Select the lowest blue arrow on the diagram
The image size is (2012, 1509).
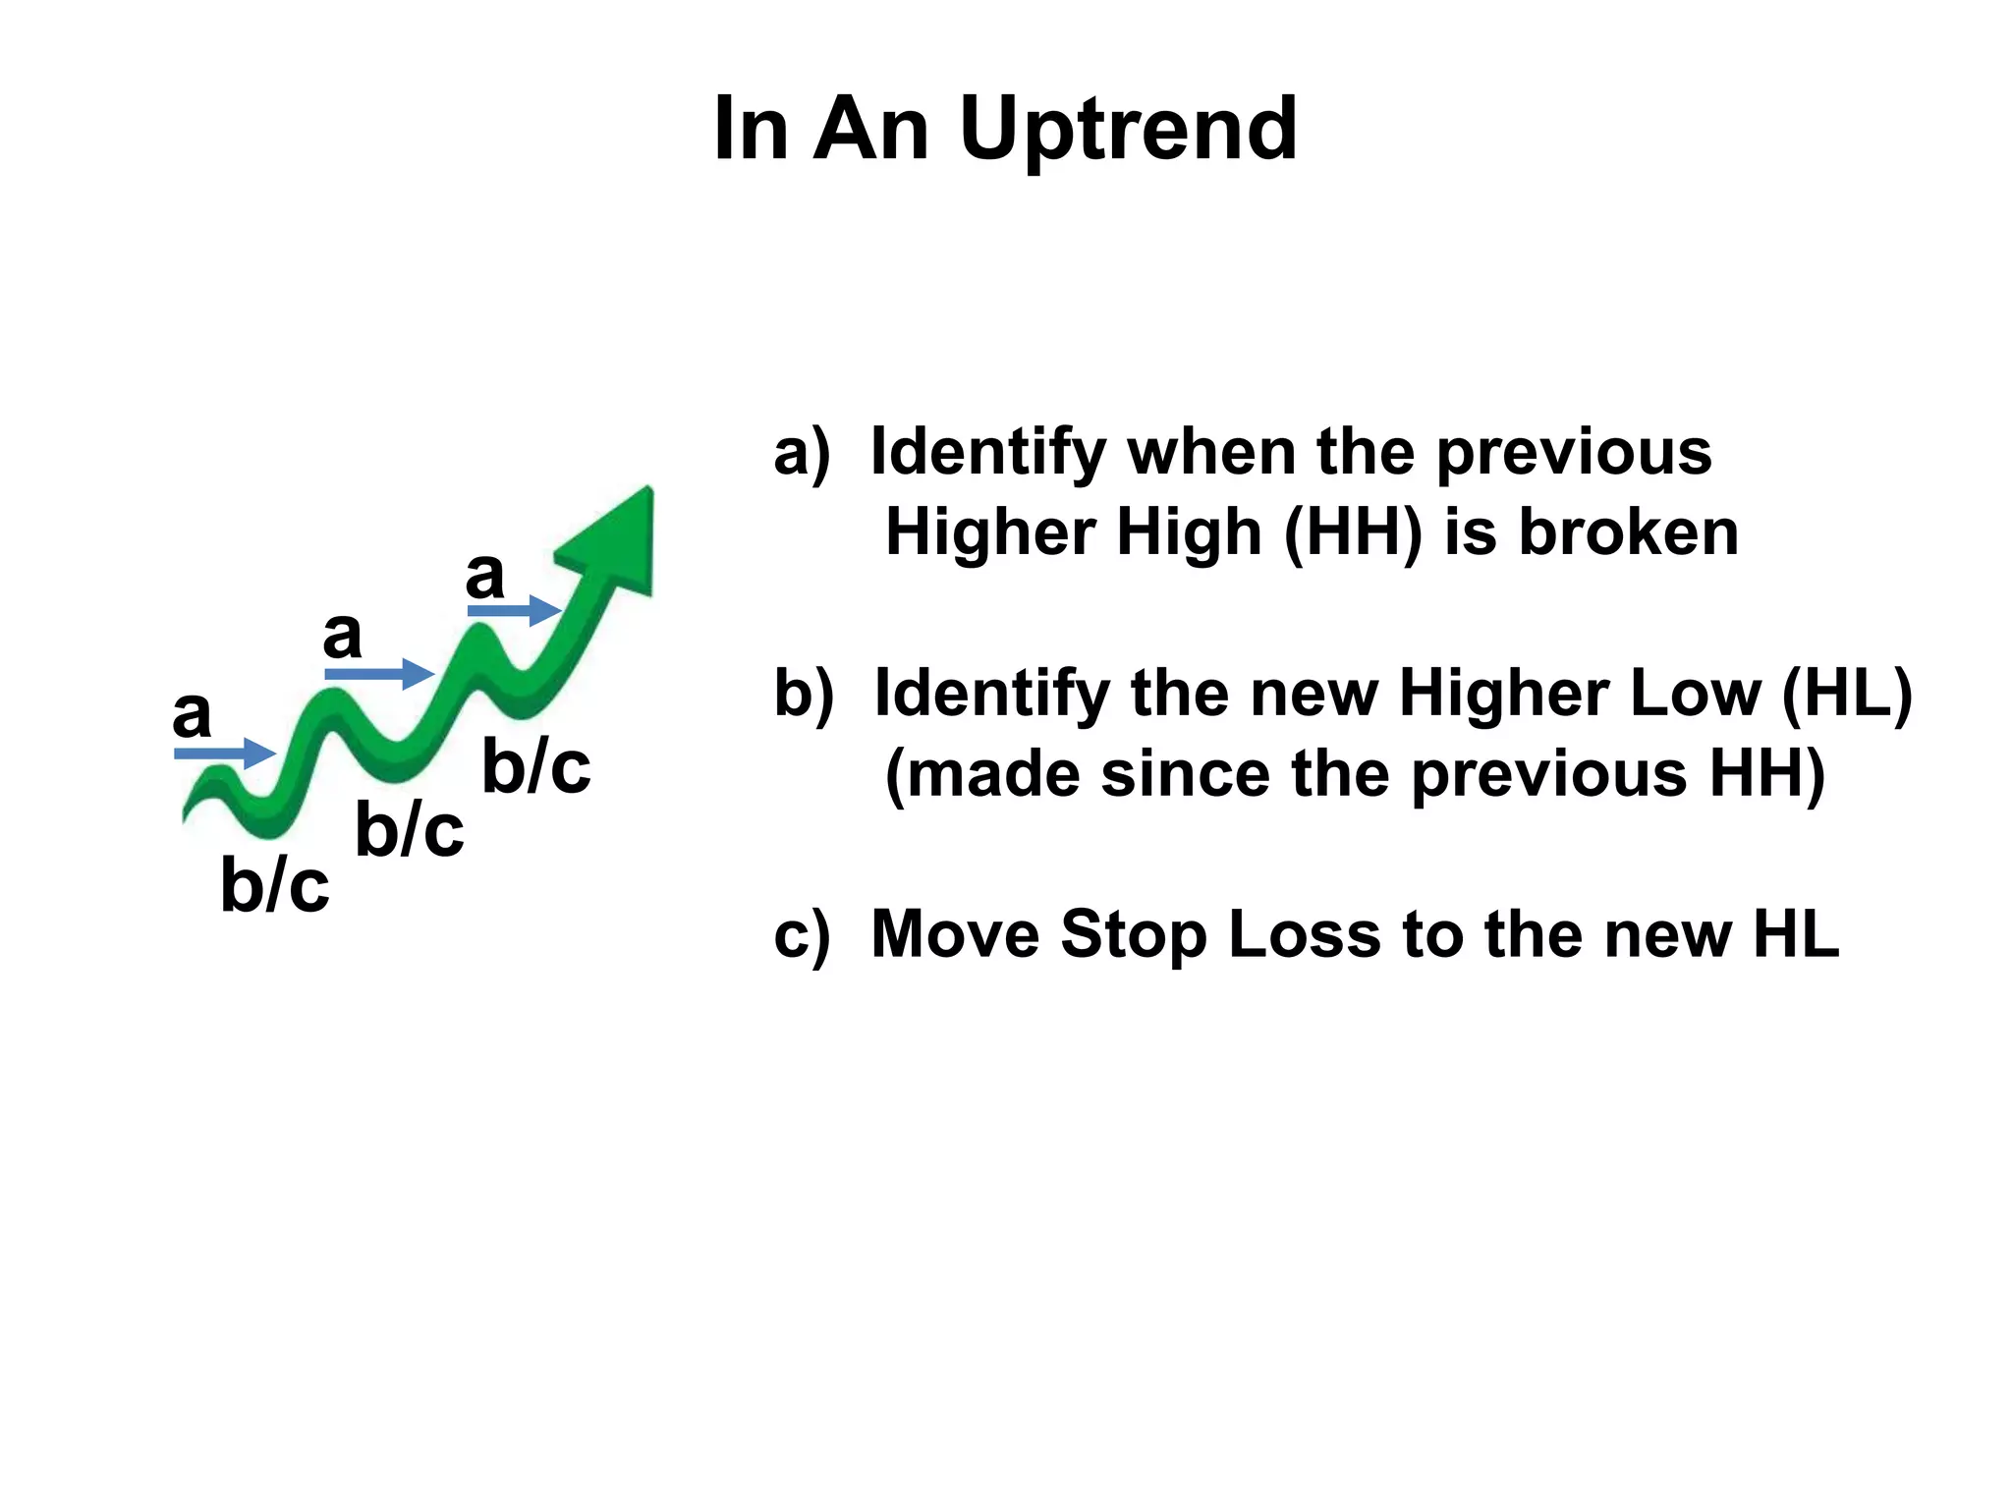click(225, 754)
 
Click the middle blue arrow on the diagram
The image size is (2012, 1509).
click(379, 674)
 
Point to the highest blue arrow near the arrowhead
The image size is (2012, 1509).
click(514, 610)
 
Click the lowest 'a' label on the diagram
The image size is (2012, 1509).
click(192, 714)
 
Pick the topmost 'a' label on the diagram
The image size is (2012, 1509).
click(484, 575)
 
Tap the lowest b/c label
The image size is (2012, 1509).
click(274, 885)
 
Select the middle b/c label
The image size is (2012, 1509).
click(409, 830)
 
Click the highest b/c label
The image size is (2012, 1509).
click(536, 767)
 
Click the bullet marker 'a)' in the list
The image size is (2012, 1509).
click(801, 454)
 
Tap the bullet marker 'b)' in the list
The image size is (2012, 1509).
click(803, 694)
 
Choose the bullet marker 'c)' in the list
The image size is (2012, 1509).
click(801, 935)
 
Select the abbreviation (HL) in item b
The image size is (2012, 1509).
click(1846, 694)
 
